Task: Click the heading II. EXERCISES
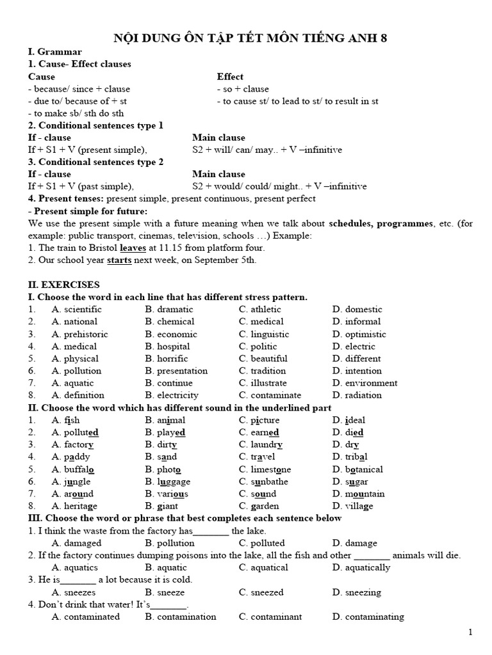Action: coord(63,285)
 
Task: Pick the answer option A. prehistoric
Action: coord(80,334)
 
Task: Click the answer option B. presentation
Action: coord(176,370)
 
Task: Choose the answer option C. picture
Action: coord(259,420)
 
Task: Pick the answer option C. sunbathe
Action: coord(263,481)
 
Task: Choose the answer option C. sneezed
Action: coord(261,592)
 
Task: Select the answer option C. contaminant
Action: coord(269,617)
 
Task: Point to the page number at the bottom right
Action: coord(470,633)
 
